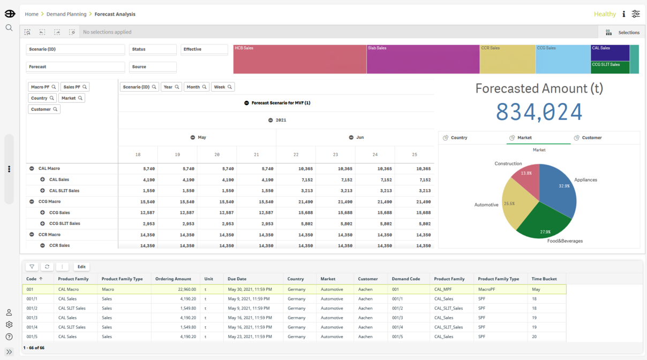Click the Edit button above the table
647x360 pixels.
pos(81,267)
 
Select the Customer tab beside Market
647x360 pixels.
pos(588,138)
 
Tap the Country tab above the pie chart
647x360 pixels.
pos(455,138)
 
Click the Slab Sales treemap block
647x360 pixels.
pos(423,59)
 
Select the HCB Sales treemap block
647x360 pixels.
pos(300,59)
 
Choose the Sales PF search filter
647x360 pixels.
pos(75,87)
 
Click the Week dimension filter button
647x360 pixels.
pos(223,87)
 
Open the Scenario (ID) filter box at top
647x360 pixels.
pos(76,49)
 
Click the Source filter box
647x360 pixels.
pos(153,67)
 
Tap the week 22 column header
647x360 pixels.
pos(296,155)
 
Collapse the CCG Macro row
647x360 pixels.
pos(32,201)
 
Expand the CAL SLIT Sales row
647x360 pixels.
pos(42,191)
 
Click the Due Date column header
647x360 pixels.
pos(237,279)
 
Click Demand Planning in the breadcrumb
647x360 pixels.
pos(66,14)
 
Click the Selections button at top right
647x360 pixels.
pos(622,32)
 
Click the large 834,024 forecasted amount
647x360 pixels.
pos(539,112)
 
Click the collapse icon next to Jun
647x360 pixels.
pos(351,138)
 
